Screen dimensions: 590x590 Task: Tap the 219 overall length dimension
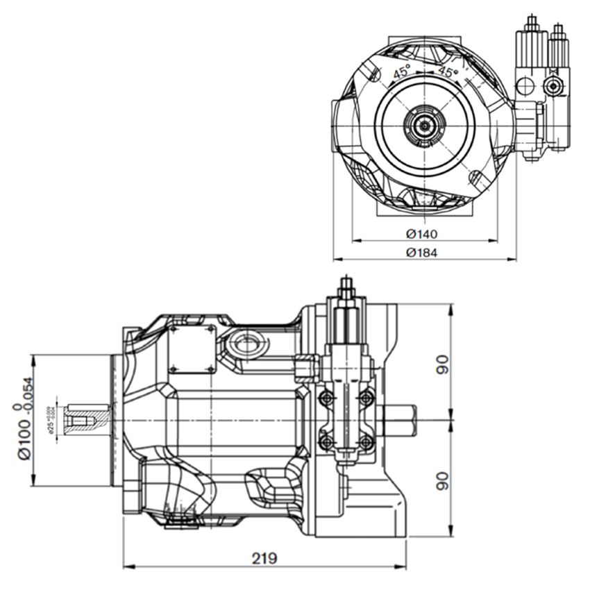click(x=264, y=559)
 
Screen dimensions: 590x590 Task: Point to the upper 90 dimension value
click(x=442, y=364)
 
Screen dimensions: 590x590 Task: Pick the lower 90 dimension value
click(x=442, y=479)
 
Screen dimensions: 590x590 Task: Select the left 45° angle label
click(x=401, y=71)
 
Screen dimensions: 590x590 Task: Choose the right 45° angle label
click(x=448, y=71)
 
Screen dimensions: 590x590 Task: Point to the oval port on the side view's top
click(x=248, y=342)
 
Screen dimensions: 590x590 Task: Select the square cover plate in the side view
click(x=192, y=348)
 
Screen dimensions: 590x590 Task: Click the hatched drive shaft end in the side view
click(x=87, y=421)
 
